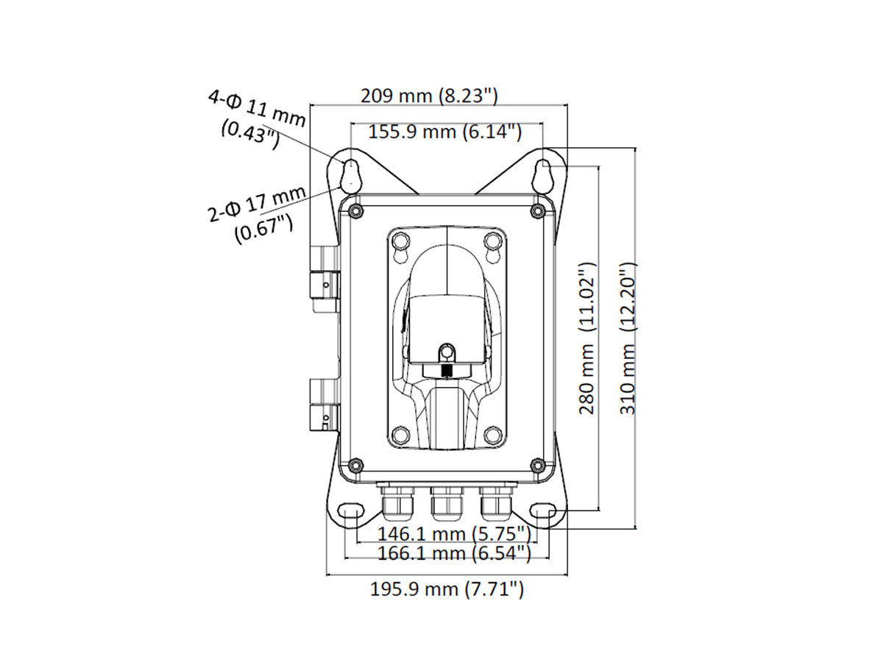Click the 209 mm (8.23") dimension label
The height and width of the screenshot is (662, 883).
tap(430, 96)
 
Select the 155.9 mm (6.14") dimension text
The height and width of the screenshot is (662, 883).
tap(445, 132)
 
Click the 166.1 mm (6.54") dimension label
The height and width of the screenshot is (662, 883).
tap(453, 552)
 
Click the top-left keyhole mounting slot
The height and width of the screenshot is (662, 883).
tap(352, 173)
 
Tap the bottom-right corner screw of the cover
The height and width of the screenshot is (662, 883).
tap(537, 464)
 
